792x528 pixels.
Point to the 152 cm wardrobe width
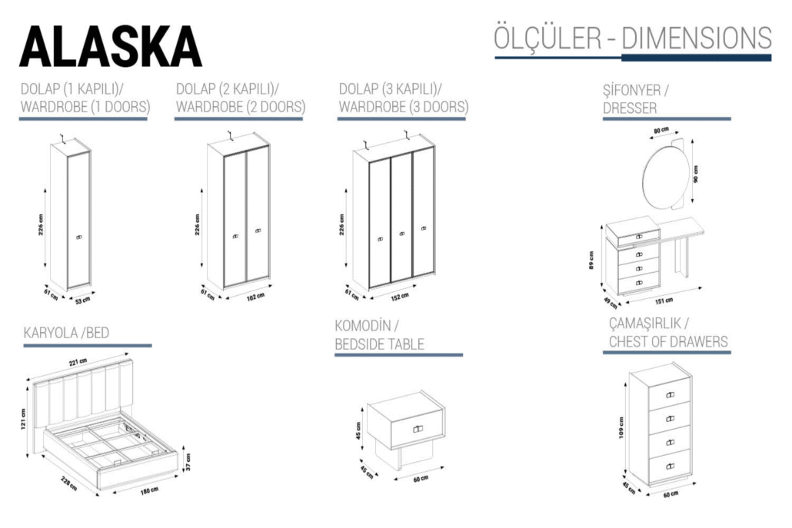click(399, 295)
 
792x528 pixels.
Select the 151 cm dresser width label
click(664, 300)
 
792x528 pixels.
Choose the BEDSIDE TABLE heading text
click(379, 344)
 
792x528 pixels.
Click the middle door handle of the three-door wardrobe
click(401, 234)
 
